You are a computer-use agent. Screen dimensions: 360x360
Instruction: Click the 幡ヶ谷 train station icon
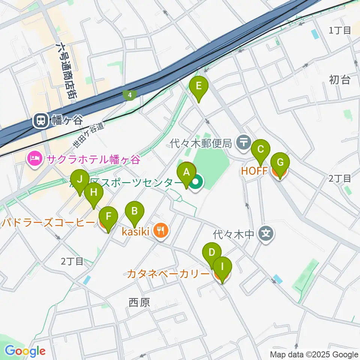point(40,120)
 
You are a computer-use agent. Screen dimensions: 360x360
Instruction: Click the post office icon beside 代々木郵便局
point(244,142)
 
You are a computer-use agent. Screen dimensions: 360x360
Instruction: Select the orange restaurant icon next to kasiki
point(161,231)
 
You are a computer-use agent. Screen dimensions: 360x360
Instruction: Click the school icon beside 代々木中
point(266,235)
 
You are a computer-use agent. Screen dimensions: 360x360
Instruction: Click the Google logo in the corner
point(25,351)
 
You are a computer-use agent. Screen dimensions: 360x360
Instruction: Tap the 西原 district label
point(139,302)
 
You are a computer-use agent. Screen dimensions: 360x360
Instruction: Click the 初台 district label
point(339,79)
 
